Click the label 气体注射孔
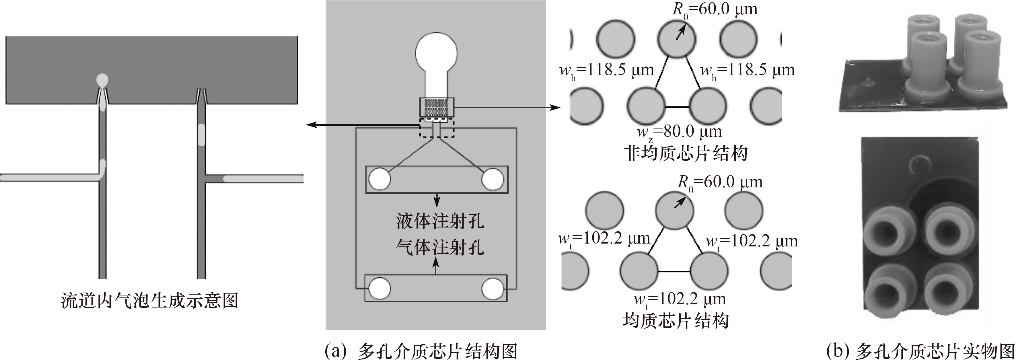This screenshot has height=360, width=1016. (x=440, y=247)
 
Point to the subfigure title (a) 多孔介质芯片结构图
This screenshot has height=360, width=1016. (x=421, y=350)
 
